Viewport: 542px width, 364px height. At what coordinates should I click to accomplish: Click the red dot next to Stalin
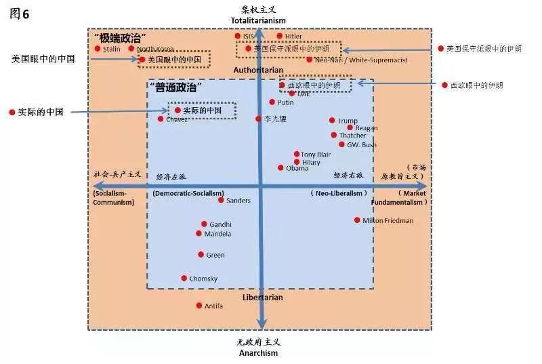(x=98, y=49)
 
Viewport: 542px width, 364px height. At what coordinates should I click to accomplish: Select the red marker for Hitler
(x=278, y=36)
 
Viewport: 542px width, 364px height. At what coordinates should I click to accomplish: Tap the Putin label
(x=286, y=102)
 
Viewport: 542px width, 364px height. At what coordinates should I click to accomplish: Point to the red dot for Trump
(x=332, y=121)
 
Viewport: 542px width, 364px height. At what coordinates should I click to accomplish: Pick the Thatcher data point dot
(x=334, y=135)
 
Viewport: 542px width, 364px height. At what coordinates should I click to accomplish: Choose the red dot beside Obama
(x=280, y=167)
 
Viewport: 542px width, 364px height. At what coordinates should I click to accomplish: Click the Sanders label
(x=238, y=201)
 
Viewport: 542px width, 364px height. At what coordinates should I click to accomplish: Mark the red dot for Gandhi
(x=204, y=224)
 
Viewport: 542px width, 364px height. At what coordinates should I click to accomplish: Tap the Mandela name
(x=218, y=234)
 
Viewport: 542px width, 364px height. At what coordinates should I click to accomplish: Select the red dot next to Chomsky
(x=184, y=278)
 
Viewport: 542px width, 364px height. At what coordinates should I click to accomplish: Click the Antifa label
(x=214, y=306)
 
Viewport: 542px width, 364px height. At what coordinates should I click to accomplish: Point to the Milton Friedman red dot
(x=357, y=220)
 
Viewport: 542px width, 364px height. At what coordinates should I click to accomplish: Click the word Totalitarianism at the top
(x=258, y=20)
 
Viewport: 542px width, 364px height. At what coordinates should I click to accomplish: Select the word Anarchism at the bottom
(x=258, y=352)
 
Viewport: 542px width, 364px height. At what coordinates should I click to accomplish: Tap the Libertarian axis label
(x=262, y=298)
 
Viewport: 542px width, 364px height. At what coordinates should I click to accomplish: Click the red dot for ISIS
(x=238, y=36)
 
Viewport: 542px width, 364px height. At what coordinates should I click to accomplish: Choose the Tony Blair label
(x=316, y=155)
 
